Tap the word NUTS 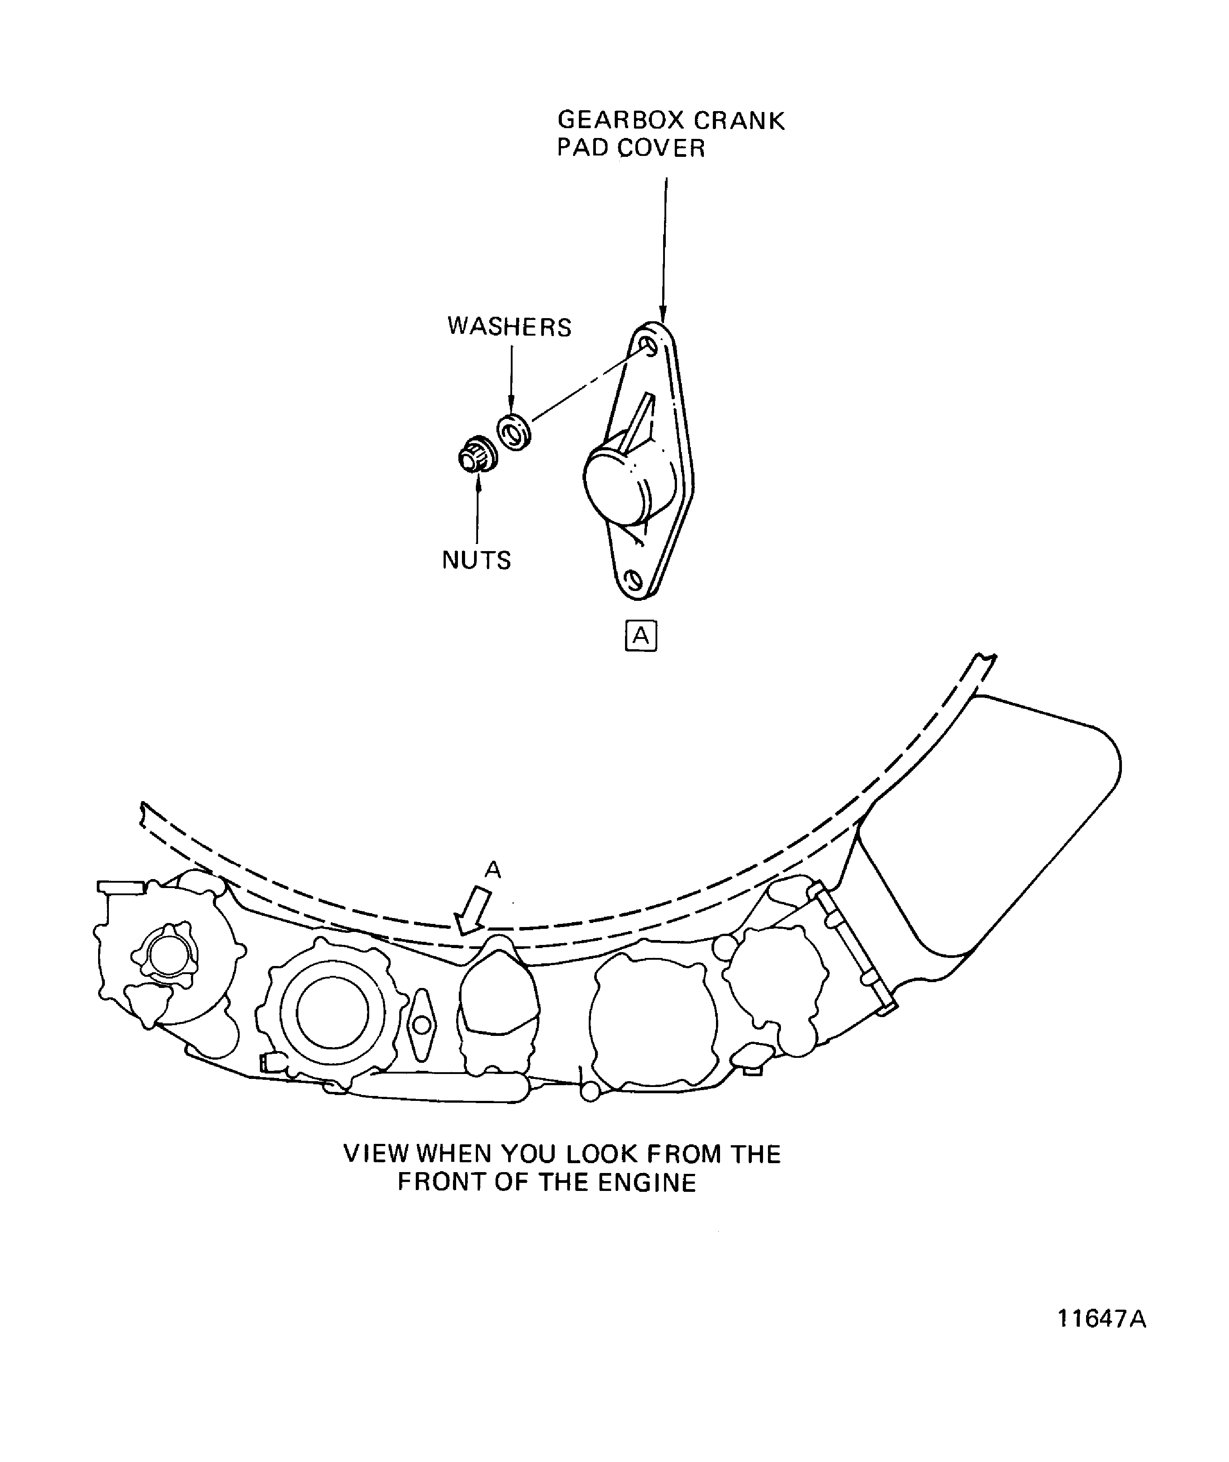477,560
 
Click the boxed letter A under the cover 641,635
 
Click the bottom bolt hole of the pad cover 633,579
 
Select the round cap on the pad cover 616,486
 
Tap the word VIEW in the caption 376,1154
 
